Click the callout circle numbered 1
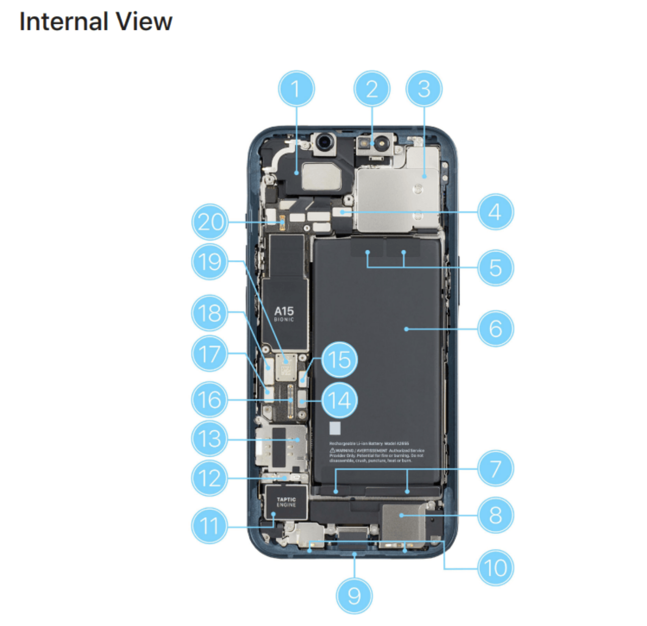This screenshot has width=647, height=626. coord(296,89)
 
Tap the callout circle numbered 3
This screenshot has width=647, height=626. coord(424,89)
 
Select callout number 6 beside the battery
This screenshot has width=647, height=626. coord(495,328)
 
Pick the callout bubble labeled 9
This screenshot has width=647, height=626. coord(354,596)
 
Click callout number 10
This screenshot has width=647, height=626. coord(495,568)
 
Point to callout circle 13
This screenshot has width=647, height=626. coord(210,439)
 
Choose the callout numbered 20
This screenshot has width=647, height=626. coord(210,222)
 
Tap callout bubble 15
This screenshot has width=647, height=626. coord(339,359)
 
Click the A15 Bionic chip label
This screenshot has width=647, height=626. coord(284,314)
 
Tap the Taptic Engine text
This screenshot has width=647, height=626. coord(286,502)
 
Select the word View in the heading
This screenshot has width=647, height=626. coord(144,22)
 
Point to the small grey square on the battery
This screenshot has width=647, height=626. coord(335,428)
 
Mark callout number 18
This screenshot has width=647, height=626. coord(210,313)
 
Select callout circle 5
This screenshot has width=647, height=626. coord(495,268)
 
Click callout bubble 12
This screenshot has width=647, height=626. coord(210,478)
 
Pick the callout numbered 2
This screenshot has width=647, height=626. coord(372,89)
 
